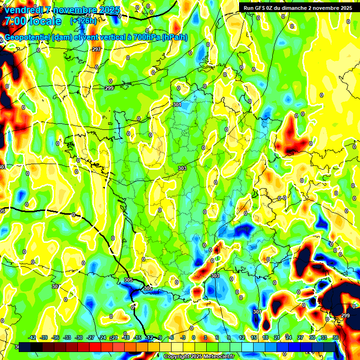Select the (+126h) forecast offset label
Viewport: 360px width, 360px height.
(83, 21)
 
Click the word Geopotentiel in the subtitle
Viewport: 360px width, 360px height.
(29, 37)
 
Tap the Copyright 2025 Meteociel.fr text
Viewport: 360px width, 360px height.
(199, 356)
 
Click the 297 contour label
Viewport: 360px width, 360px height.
(97, 49)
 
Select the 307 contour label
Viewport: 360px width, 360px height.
(56, 286)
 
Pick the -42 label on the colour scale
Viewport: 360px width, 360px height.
(32, 337)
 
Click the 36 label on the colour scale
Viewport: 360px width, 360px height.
(336, 337)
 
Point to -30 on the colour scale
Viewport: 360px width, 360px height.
(79, 337)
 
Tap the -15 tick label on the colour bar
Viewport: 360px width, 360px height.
(137, 337)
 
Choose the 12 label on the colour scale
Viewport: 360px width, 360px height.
(242, 337)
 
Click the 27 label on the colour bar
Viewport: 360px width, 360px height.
(300, 337)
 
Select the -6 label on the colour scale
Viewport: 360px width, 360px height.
(172, 337)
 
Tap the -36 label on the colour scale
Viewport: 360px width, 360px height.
(56, 337)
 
